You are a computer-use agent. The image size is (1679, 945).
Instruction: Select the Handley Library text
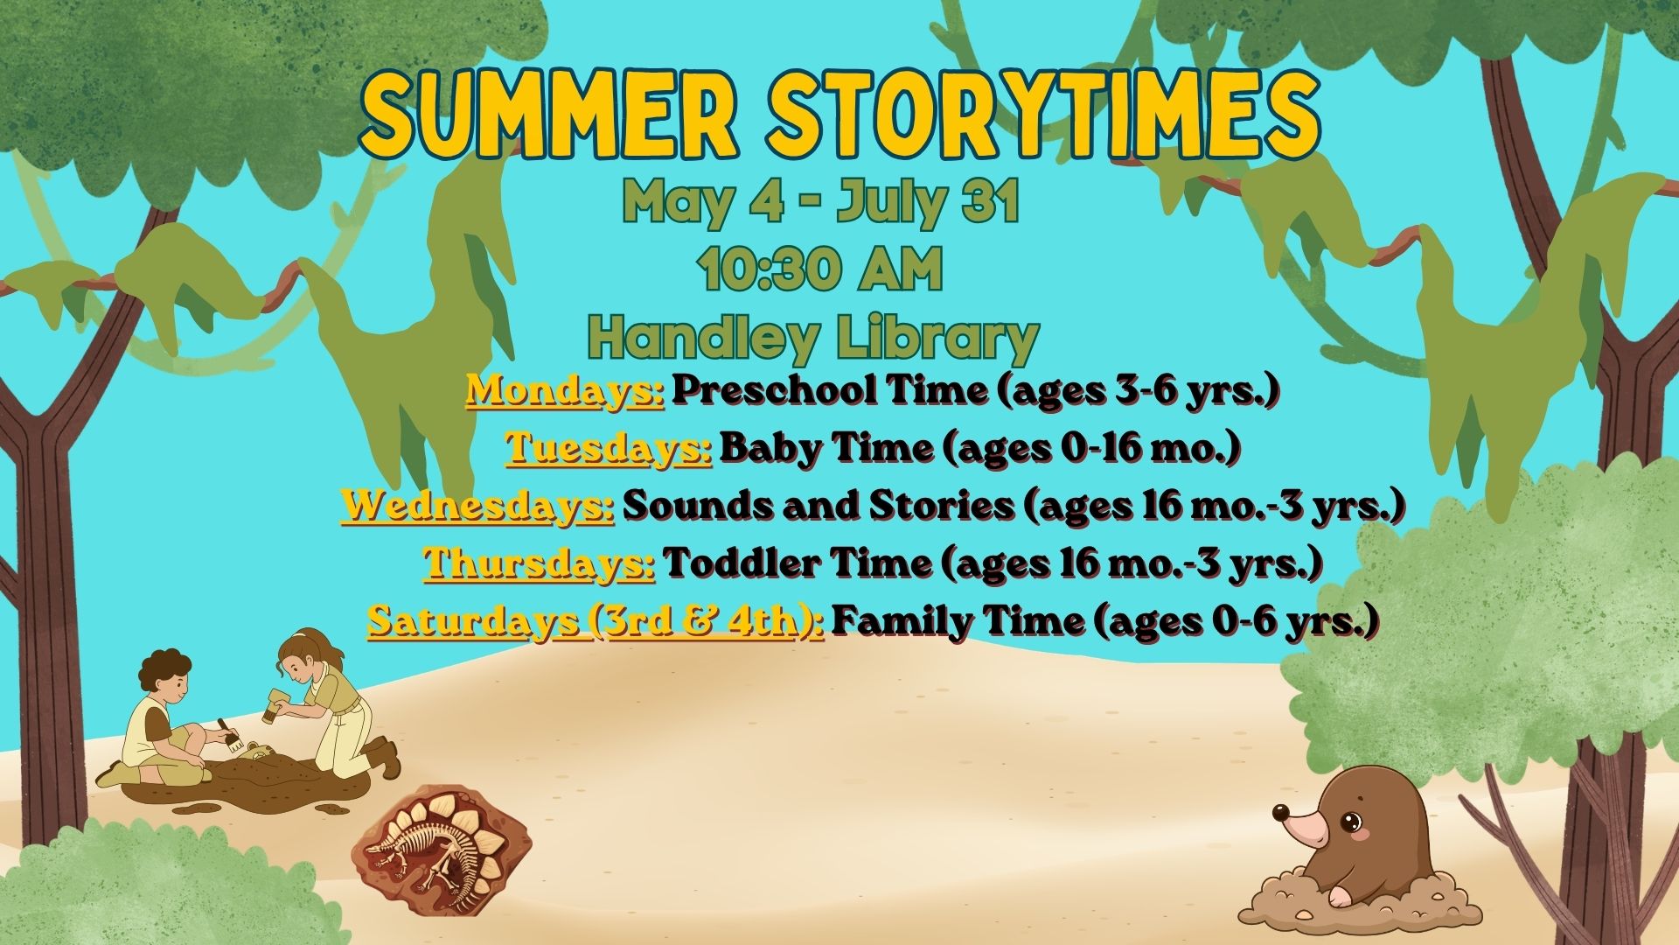pyautogui.click(x=813, y=339)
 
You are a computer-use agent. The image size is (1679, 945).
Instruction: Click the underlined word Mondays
pyautogui.click(x=565, y=391)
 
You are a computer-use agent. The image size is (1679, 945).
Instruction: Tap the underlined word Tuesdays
pyautogui.click(x=609, y=448)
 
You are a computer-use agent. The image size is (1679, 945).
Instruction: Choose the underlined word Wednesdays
pyautogui.click(x=477, y=506)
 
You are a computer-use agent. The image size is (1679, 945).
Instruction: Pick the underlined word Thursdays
pyautogui.click(x=540, y=563)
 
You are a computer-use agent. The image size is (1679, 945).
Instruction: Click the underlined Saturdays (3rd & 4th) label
pyautogui.click(x=596, y=621)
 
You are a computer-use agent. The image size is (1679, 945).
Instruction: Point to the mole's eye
pyautogui.click(x=1352, y=822)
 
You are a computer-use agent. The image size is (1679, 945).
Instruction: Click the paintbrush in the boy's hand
pyautogui.click(x=230, y=734)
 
